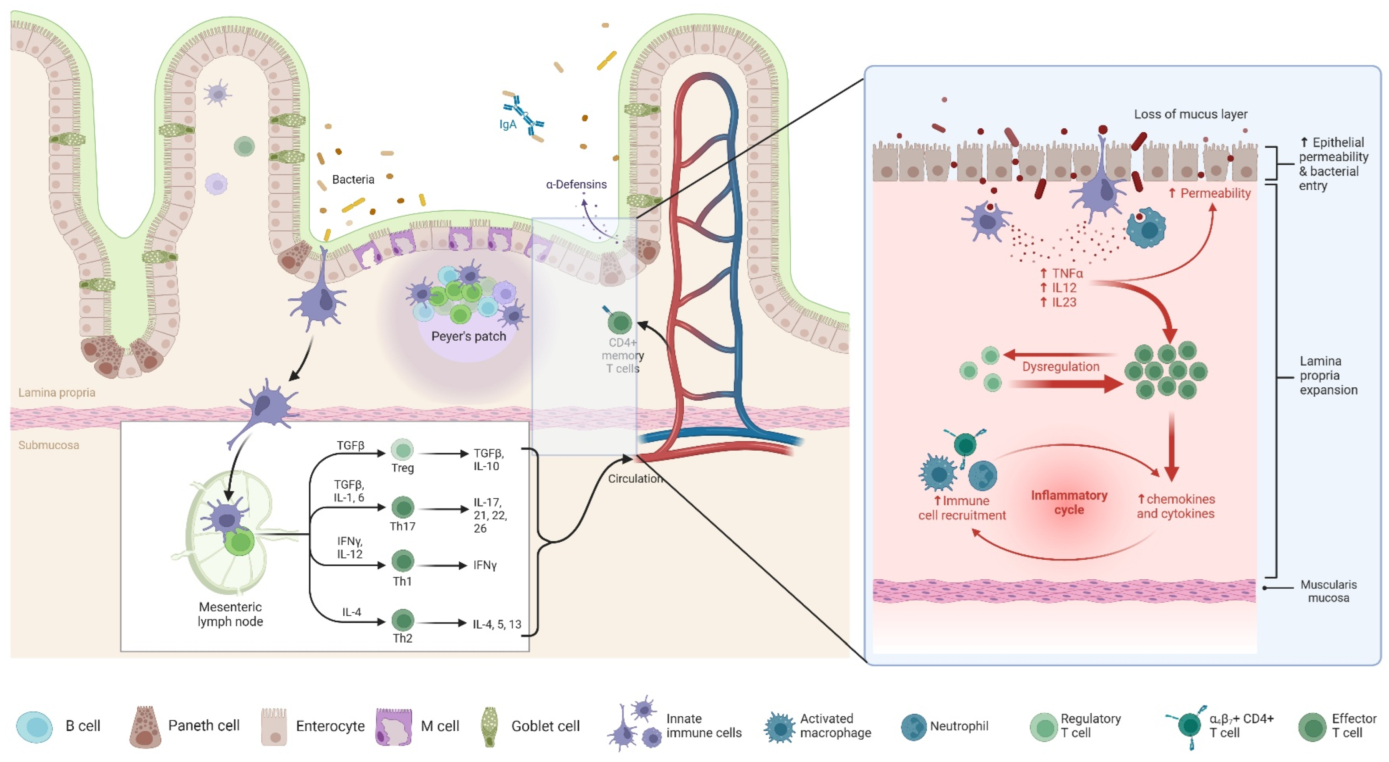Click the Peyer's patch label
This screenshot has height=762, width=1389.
click(468, 336)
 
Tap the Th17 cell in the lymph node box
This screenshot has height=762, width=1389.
click(402, 507)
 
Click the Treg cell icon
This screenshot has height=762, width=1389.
click(402, 450)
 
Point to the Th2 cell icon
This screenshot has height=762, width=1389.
click(402, 620)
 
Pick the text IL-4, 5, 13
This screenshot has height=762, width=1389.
click(497, 624)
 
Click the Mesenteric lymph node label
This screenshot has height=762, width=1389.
click(230, 614)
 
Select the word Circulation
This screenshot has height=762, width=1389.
click(635, 479)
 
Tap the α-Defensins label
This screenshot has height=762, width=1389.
click(576, 184)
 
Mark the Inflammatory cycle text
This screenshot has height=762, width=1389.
click(1069, 502)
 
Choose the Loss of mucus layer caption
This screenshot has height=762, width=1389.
click(1190, 114)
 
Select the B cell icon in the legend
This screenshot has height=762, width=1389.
click(35, 726)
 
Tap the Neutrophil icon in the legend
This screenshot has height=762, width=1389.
click(914, 726)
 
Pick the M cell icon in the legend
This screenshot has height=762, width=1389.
click(394, 726)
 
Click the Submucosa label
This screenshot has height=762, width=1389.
click(48, 445)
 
